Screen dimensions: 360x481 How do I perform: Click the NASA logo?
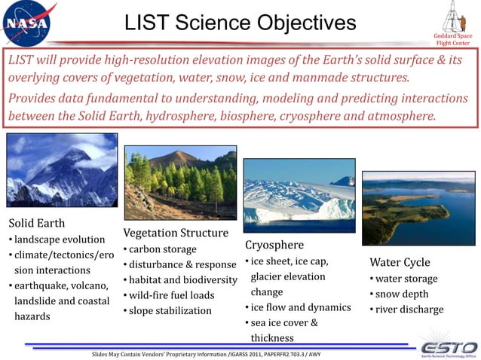(29, 24)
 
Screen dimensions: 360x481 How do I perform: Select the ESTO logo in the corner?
(447, 348)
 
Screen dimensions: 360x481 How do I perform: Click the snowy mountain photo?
(62, 169)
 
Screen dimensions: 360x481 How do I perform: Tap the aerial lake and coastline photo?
(418, 207)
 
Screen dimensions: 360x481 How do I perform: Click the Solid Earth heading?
(36, 223)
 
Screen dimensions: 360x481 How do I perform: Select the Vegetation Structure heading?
(175, 233)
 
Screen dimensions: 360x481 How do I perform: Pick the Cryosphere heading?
(274, 245)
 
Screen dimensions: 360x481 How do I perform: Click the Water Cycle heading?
(400, 263)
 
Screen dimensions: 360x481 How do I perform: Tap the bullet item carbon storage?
(162, 249)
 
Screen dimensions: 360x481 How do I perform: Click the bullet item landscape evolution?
(56, 239)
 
